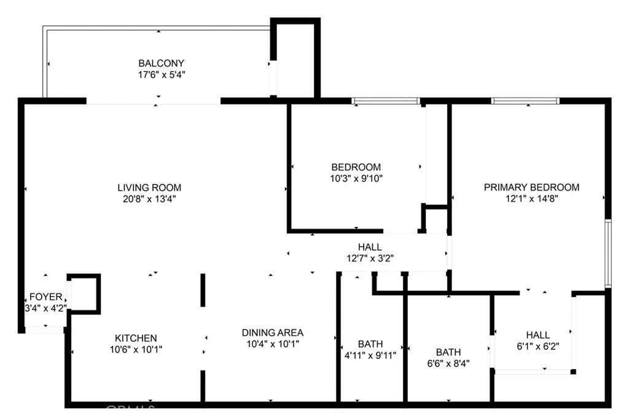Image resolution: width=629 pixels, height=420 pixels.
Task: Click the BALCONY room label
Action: tap(161, 63)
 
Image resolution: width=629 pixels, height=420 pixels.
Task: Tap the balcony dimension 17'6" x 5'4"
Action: tap(161, 74)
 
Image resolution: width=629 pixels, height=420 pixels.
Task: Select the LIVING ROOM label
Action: tap(149, 188)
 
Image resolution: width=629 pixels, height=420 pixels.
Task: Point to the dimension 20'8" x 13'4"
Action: tap(149, 199)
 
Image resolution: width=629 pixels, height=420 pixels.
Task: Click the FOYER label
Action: tap(45, 297)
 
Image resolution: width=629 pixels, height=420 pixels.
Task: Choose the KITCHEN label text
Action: tap(136, 338)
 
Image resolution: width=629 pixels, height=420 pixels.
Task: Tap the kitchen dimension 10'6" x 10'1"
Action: tap(136, 349)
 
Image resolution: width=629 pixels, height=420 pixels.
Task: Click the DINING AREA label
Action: tap(270, 332)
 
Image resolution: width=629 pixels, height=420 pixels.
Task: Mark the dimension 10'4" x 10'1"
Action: tap(270, 344)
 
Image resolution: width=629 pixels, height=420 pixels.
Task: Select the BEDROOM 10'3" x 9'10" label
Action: tap(356, 167)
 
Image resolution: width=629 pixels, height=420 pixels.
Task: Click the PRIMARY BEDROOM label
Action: tap(531, 187)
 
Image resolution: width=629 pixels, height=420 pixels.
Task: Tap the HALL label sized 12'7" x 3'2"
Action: tap(370, 247)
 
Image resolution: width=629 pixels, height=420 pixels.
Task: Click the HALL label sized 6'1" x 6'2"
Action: tap(537, 335)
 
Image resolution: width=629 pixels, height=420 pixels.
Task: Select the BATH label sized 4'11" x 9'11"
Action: tap(370, 344)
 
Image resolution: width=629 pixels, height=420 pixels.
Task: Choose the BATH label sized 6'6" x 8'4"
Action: tap(448, 352)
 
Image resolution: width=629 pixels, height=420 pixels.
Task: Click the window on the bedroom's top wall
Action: tap(386, 101)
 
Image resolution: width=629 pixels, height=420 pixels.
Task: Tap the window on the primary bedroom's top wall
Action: tap(525, 101)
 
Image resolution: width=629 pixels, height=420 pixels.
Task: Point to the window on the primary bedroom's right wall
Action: tap(608, 253)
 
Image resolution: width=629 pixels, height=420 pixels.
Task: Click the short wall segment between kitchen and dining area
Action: tap(203, 290)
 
